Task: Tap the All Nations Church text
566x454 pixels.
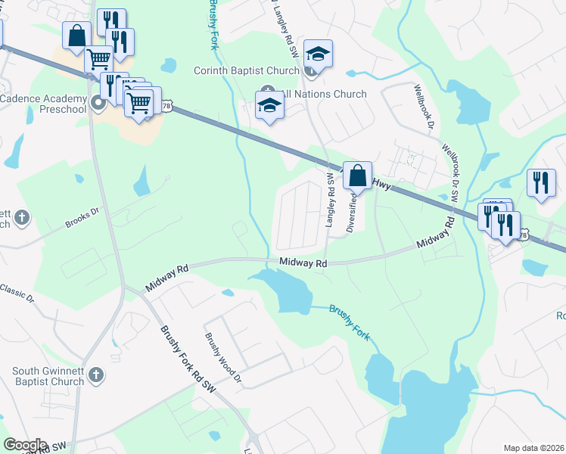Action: click(324, 95)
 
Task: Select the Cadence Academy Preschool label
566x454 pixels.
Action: click(43, 104)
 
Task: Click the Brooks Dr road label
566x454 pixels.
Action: click(82, 216)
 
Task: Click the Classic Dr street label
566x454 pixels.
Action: click(17, 291)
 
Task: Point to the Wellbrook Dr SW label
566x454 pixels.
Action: click(451, 173)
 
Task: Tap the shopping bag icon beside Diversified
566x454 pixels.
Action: click(358, 175)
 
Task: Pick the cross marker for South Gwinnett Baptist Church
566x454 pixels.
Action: click(95, 375)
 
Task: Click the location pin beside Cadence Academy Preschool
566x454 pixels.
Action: click(98, 104)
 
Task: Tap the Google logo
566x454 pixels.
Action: click(25, 445)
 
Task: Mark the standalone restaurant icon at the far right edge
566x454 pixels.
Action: click(541, 182)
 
